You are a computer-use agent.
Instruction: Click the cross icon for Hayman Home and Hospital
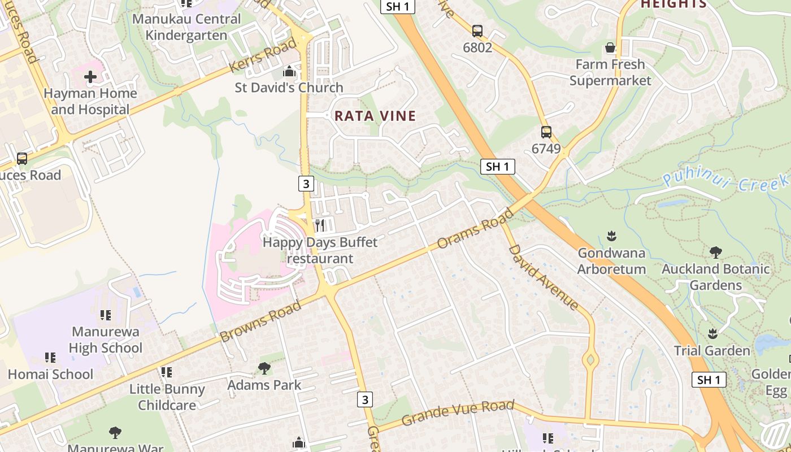(90, 76)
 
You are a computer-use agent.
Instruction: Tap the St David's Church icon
(289, 72)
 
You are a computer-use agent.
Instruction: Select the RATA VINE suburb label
(375, 116)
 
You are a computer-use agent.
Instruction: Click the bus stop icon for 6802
(477, 31)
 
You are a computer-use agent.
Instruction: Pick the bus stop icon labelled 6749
(546, 132)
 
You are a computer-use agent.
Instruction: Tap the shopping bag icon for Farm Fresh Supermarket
(610, 47)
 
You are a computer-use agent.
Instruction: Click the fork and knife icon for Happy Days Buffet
(320, 225)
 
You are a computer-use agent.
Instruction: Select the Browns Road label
(260, 322)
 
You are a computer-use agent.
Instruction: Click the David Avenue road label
(544, 277)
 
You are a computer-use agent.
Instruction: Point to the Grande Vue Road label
(458, 413)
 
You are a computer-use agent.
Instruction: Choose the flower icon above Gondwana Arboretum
(611, 236)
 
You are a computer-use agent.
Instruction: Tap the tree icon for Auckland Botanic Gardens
(715, 252)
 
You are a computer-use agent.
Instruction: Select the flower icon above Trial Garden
(712, 333)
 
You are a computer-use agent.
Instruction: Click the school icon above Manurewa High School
(106, 315)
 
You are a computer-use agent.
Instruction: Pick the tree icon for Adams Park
(264, 368)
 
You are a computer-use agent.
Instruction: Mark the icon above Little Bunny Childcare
(167, 372)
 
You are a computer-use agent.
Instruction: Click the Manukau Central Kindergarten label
(186, 27)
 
